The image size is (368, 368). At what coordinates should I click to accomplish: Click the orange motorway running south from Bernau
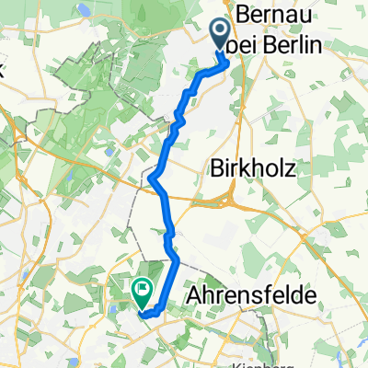(241, 110)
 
